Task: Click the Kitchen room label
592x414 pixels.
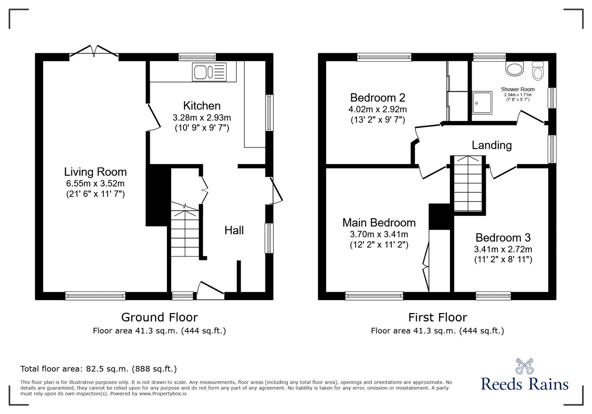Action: (202, 106)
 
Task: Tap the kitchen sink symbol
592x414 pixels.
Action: (209, 72)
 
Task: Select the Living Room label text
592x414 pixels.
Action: (95, 172)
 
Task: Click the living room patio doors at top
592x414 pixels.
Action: (94, 52)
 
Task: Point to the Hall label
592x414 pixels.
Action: (234, 230)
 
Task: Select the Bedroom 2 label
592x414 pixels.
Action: (377, 98)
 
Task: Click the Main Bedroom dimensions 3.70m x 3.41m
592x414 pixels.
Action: (379, 234)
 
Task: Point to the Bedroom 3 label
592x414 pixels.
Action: (503, 238)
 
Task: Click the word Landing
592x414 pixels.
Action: (491, 145)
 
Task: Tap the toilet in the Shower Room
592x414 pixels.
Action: (538, 71)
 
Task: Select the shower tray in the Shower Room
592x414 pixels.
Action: (482, 103)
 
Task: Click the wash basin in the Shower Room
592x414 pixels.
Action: (515, 69)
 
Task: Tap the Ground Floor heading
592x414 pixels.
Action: (159, 317)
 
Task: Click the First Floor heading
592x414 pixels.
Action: (437, 317)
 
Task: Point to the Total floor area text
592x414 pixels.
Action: (98, 369)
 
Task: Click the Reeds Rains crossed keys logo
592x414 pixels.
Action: (524, 366)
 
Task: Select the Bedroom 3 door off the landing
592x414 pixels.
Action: (503, 172)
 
